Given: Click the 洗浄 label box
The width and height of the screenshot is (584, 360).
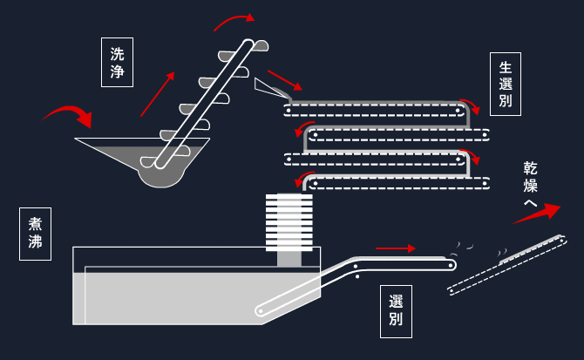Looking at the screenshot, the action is tap(117, 62).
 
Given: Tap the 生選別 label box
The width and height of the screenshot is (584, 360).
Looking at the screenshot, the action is tap(505, 85).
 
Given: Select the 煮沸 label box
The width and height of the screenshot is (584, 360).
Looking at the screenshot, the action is tap(36, 234).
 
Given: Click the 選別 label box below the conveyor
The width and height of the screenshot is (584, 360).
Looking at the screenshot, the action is tap(396, 311).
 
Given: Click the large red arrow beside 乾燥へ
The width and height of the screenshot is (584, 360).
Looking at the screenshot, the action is tap(537, 214).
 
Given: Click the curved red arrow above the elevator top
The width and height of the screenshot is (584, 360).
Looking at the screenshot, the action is tap(234, 22).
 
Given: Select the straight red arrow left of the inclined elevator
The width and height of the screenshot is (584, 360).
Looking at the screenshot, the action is tap(158, 94).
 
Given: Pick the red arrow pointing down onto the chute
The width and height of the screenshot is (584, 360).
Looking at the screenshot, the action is tap(284, 80).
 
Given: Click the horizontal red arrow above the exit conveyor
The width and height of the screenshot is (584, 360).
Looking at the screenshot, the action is tap(396, 248).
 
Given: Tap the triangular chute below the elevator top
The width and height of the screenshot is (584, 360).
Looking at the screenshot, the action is tap(271, 89).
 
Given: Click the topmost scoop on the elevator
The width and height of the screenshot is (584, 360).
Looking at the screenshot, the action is tap(261, 45).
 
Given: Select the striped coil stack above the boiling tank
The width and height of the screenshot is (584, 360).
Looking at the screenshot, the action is tap(289, 222).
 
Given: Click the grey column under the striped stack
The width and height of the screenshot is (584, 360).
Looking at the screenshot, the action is tap(289, 259).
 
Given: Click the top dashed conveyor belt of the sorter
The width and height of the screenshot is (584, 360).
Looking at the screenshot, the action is tap(374, 111).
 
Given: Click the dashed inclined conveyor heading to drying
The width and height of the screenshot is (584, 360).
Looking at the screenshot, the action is tap(507, 266).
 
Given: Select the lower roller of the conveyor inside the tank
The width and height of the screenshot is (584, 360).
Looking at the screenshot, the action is tap(261, 310).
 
